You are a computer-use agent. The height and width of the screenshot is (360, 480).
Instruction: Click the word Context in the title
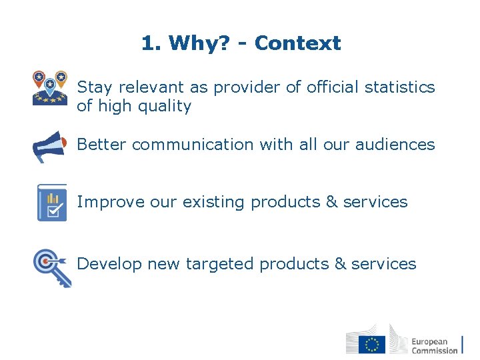pyautogui.click(x=297, y=43)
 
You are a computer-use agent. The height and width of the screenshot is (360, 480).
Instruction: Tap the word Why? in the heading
pyautogui.click(x=199, y=43)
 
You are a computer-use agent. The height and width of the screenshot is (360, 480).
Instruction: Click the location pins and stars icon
pyautogui.click(x=50, y=88)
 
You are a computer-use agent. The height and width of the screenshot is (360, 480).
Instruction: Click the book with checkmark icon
pyautogui.click(x=51, y=203)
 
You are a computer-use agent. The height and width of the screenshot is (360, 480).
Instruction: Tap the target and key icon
pyautogui.click(x=52, y=266)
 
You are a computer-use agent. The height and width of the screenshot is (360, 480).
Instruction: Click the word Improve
pyautogui.click(x=104, y=202)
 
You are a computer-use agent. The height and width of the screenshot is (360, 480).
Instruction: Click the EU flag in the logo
pyautogui.click(x=372, y=344)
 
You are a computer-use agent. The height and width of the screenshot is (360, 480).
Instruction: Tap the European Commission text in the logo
pyautogui.click(x=434, y=345)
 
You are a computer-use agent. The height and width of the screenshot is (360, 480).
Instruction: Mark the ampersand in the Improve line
pyautogui.click(x=331, y=202)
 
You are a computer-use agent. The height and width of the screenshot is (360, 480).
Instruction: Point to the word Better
pyautogui.click(x=102, y=145)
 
